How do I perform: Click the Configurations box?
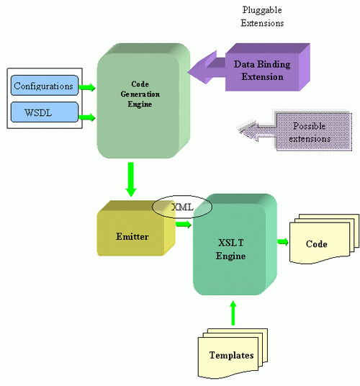click(42, 86)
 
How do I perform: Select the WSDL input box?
click(42, 113)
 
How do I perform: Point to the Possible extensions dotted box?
click(302, 131)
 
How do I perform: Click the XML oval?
click(181, 206)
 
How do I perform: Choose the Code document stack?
click(318, 243)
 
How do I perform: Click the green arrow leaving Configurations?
click(86, 87)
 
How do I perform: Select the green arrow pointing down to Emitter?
click(130, 179)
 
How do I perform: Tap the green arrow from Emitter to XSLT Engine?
click(183, 225)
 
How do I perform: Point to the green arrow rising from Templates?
click(233, 313)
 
